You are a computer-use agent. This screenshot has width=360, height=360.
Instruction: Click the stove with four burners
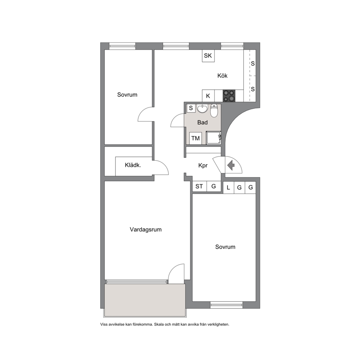(x=229, y=96)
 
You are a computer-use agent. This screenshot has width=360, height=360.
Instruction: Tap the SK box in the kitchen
(x=208, y=56)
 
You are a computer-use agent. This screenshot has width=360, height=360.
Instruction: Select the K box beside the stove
(x=208, y=96)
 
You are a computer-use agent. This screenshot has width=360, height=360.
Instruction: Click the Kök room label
(x=222, y=75)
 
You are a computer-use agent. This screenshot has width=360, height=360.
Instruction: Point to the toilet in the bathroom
(x=214, y=111)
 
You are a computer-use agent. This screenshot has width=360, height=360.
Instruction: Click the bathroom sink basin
(x=202, y=109)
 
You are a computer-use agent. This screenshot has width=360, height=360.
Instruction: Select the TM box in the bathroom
(x=195, y=138)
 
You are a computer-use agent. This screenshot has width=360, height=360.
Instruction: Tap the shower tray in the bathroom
(x=213, y=138)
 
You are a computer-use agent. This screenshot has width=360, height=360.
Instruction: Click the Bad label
(x=202, y=122)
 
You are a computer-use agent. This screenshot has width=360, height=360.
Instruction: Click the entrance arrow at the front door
(x=231, y=165)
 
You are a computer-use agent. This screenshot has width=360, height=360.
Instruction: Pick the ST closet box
(x=199, y=186)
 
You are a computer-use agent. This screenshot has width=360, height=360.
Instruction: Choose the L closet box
(x=228, y=187)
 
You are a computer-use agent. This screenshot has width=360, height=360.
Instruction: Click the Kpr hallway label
(x=203, y=165)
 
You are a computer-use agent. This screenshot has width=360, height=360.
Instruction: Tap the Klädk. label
(x=133, y=165)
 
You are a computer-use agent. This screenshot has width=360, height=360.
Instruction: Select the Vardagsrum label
(x=146, y=229)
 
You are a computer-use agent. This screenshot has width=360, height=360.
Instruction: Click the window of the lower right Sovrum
(x=226, y=305)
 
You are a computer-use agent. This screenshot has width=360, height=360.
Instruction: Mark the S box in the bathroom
(x=191, y=108)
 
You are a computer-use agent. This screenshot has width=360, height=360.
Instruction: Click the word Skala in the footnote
(x=159, y=324)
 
